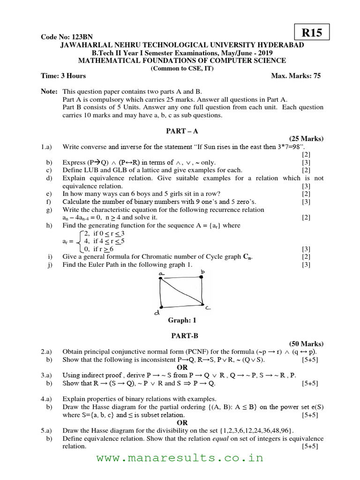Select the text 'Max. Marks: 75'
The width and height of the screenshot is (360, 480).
click(x=296, y=75)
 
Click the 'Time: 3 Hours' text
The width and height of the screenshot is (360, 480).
click(x=63, y=75)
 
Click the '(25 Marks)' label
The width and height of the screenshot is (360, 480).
click(x=306, y=139)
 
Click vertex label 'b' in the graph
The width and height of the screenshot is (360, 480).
click(x=203, y=271)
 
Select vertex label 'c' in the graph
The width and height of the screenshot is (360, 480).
click(x=207, y=307)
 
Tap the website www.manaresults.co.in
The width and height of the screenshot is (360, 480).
click(x=180, y=458)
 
